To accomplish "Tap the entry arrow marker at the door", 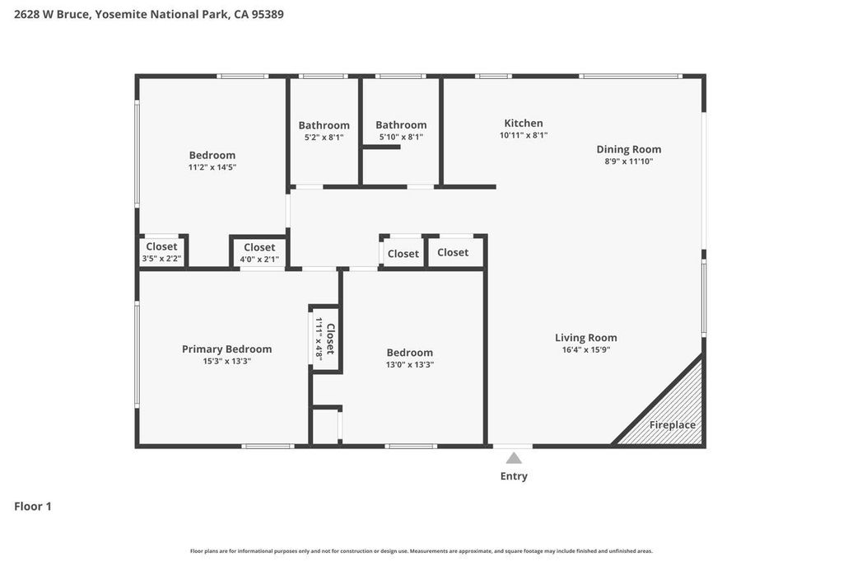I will pyautogui.click(x=514, y=458).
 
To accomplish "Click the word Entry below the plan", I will pyautogui.click(x=514, y=476).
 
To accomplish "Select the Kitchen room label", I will pyautogui.click(x=524, y=123).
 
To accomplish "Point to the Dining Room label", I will pyautogui.click(x=629, y=149).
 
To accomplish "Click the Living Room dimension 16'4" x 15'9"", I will pyautogui.click(x=585, y=349).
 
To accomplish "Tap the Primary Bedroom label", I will pyautogui.click(x=226, y=349).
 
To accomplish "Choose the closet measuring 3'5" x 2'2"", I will pyautogui.click(x=161, y=252).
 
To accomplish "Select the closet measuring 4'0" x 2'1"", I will pyautogui.click(x=259, y=253).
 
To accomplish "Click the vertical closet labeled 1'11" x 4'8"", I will pyautogui.click(x=325, y=339).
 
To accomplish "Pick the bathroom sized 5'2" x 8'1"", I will pyautogui.click(x=324, y=131).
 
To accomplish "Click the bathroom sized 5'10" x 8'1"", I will pyautogui.click(x=401, y=131).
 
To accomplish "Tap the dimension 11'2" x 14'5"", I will pyautogui.click(x=212, y=167).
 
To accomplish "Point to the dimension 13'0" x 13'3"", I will pyautogui.click(x=410, y=364).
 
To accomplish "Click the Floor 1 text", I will pyautogui.click(x=33, y=507).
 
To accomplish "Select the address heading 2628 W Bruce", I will pyautogui.click(x=149, y=14).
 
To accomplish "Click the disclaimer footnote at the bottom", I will pyautogui.click(x=421, y=551).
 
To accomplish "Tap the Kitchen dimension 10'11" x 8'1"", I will pyautogui.click(x=524, y=135).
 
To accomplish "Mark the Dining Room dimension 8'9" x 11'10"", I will pyautogui.click(x=629, y=162).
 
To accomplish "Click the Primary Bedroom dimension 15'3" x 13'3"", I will pyautogui.click(x=226, y=361).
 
